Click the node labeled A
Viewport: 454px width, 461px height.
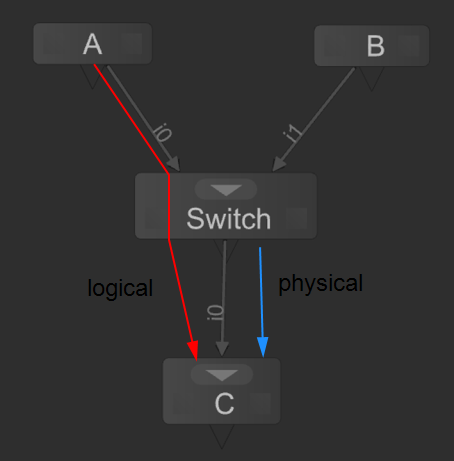click(92, 45)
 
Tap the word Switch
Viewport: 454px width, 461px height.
click(228, 218)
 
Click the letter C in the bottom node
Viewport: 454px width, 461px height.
click(224, 404)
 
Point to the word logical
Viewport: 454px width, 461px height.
click(120, 288)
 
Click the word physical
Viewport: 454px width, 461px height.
click(320, 283)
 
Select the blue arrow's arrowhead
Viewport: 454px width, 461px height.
click(263, 348)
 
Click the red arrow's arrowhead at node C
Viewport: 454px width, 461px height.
click(194, 349)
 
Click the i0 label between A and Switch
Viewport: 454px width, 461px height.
click(163, 131)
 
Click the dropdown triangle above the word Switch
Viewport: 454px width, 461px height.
click(227, 190)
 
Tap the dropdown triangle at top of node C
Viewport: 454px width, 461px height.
click(222, 375)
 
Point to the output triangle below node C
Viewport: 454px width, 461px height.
click(222, 435)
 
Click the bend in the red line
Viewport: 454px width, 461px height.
click(168, 176)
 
